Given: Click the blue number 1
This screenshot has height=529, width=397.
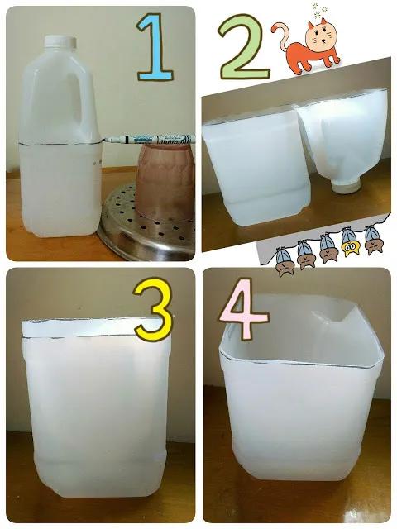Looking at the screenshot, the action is coord(155,47).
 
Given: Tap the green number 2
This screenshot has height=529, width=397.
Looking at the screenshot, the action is coord(244,47).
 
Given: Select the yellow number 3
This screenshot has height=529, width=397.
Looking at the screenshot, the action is coord(152,309).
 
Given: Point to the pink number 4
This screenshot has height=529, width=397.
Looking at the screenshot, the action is coord(244,308).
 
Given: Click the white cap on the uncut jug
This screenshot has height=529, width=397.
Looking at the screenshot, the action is coord(60,41).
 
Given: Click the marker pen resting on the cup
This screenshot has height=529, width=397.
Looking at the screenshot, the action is coord(148,139).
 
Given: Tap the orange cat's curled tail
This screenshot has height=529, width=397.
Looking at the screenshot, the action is coord(282,36).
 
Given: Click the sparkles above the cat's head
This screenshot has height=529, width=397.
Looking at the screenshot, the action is coord(318,11).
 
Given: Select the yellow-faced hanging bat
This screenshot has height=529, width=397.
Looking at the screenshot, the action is coord(350,242).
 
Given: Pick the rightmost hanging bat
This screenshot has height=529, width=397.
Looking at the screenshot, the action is coord(373,240).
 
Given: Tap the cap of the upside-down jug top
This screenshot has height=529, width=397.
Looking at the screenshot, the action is coord(345,187).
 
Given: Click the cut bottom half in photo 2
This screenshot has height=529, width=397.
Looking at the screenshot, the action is coord(256,167).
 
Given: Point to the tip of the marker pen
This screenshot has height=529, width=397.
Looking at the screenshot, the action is coord(103,140).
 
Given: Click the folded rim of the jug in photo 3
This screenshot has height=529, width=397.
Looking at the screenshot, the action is coord(95,328).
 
